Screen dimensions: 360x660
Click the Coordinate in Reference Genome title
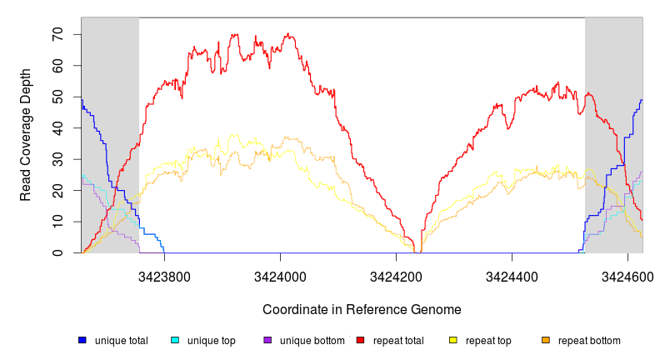(x=362, y=309)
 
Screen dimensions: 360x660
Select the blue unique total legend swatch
(x=82, y=340)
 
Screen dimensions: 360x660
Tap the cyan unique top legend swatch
(x=175, y=340)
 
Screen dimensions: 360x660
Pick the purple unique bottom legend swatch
(x=267, y=340)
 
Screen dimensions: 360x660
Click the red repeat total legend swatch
(x=360, y=340)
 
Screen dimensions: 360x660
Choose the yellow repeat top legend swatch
(x=453, y=340)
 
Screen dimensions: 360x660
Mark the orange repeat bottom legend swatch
(x=546, y=340)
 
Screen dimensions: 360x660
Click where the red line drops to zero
(x=417, y=252)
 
